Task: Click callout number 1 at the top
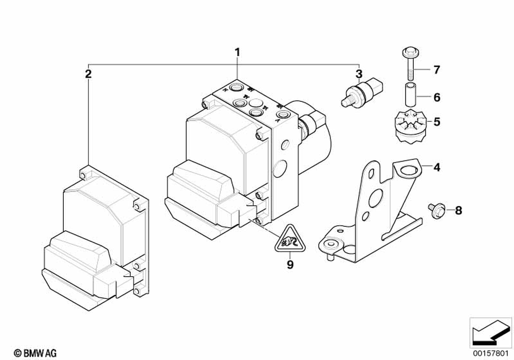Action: click(237, 52)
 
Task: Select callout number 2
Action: click(88, 74)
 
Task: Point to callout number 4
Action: click(436, 167)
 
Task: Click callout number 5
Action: click(436, 122)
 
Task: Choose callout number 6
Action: click(436, 96)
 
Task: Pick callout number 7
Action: click(436, 69)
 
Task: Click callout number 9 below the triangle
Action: click(290, 265)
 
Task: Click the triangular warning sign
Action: click(289, 239)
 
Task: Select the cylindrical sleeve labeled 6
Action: click(409, 96)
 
